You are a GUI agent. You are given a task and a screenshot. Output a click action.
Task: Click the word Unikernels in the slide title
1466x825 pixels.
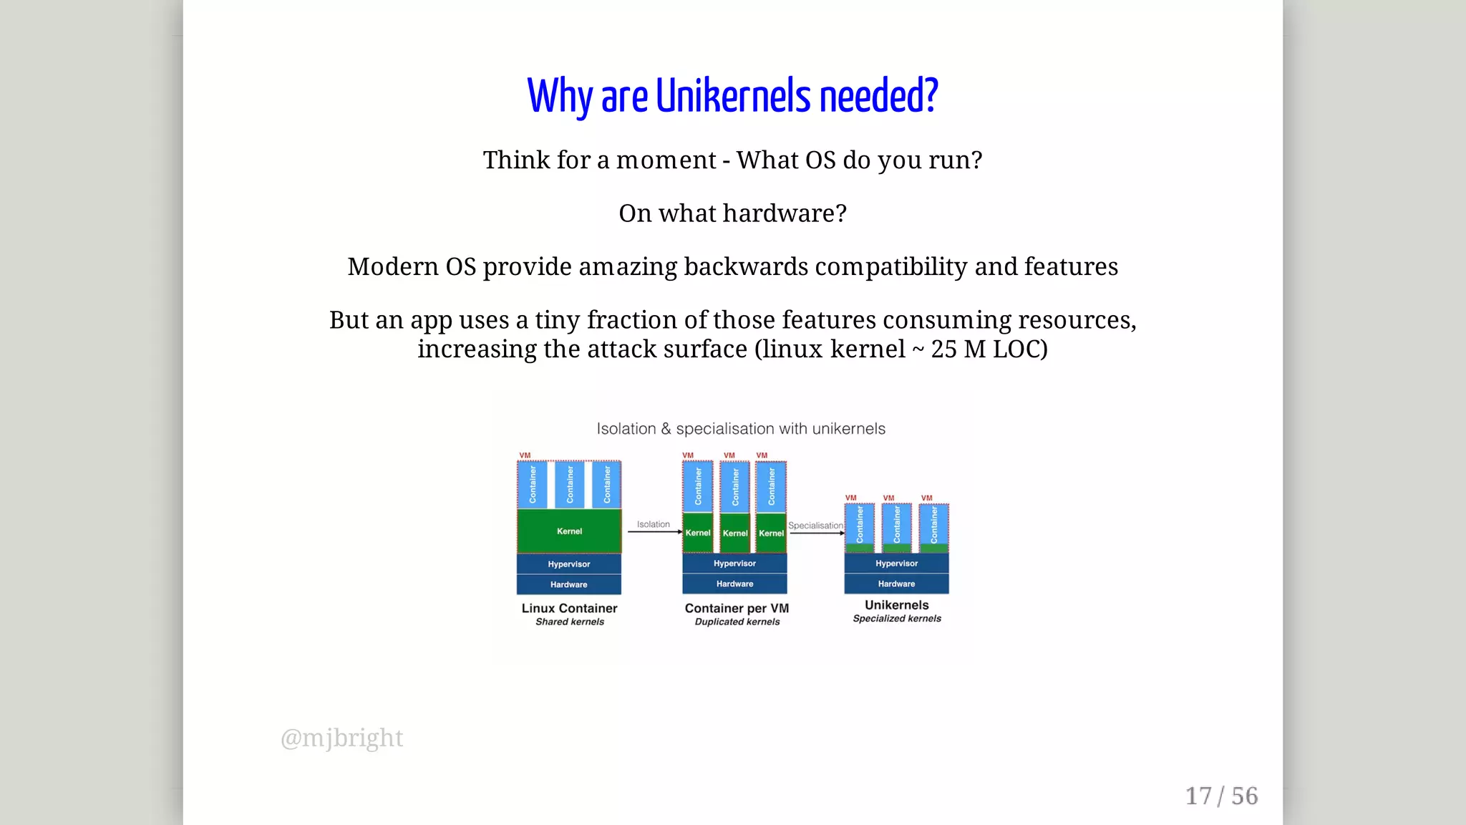tap(733, 96)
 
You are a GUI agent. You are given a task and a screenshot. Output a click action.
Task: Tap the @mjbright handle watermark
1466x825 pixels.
tap(341, 738)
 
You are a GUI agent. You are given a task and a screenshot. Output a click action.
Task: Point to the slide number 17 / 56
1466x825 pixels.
tap(1221, 796)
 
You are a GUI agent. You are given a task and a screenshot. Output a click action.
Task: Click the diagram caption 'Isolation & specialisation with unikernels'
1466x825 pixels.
tap(741, 429)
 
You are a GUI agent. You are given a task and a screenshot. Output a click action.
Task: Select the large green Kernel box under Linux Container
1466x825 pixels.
tap(569, 531)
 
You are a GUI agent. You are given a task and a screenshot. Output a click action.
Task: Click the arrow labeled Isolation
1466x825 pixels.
tap(654, 532)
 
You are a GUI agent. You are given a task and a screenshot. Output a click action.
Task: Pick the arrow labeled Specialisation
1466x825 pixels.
tap(816, 533)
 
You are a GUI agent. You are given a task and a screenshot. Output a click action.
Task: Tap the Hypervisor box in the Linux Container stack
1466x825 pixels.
tap(569, 564)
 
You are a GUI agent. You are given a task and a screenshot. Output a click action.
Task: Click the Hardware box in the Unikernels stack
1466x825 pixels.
tap(896, 584)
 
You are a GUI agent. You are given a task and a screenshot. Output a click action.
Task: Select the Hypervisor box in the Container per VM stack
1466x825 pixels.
tap(734, 564)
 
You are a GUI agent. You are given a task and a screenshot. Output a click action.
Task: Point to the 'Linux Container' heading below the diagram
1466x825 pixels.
tap(569, 608)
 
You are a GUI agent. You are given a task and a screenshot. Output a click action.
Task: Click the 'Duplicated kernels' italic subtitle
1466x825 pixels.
tap(737, 622)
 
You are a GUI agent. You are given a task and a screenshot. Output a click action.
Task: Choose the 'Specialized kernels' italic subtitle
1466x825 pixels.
tap(897, 619)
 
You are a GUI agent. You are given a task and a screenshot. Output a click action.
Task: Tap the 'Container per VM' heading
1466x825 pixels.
tap(737, 608)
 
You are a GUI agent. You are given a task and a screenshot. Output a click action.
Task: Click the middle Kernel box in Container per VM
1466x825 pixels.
tap(735, 533)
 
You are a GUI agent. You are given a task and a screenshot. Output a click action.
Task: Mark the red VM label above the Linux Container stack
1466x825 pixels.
tap(525, 455)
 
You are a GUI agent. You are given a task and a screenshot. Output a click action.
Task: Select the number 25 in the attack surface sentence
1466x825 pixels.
tap(943, 349)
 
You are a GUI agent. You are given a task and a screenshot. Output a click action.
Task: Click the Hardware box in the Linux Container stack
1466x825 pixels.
tap(569, 584)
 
